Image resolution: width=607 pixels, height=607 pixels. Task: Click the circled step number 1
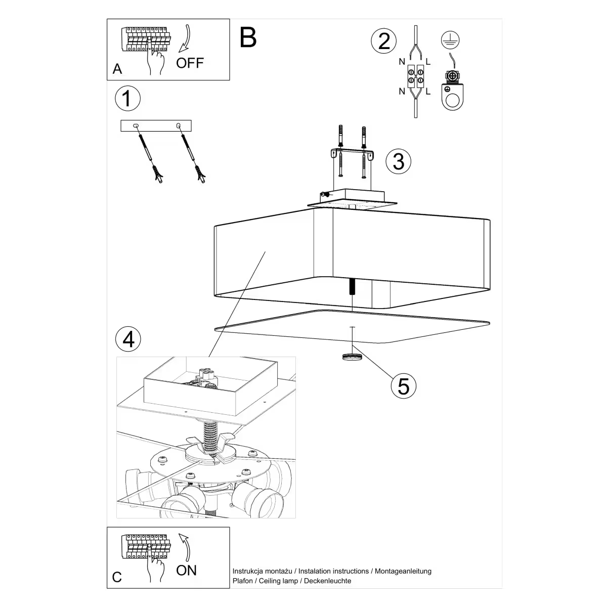[x=127, y=98]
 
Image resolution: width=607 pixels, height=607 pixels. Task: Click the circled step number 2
[x=384, y=40]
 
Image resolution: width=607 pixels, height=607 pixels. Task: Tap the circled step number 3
[x=398, y=161]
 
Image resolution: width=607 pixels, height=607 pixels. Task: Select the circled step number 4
[x=128, y=338]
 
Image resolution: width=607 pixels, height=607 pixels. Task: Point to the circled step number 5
[x=403, y=385]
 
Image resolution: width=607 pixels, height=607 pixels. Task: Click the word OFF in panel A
[x=190, y=63]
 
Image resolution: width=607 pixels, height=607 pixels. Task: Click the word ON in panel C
[x=186, y=571]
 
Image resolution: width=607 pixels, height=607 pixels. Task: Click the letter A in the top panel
[x=117, y=69]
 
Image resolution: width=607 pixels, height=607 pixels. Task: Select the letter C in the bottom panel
[x=117, y=578]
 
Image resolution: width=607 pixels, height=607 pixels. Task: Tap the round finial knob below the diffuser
[x=352, y=357]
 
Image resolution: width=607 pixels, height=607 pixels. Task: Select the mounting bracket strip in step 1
[x=156, y=125]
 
